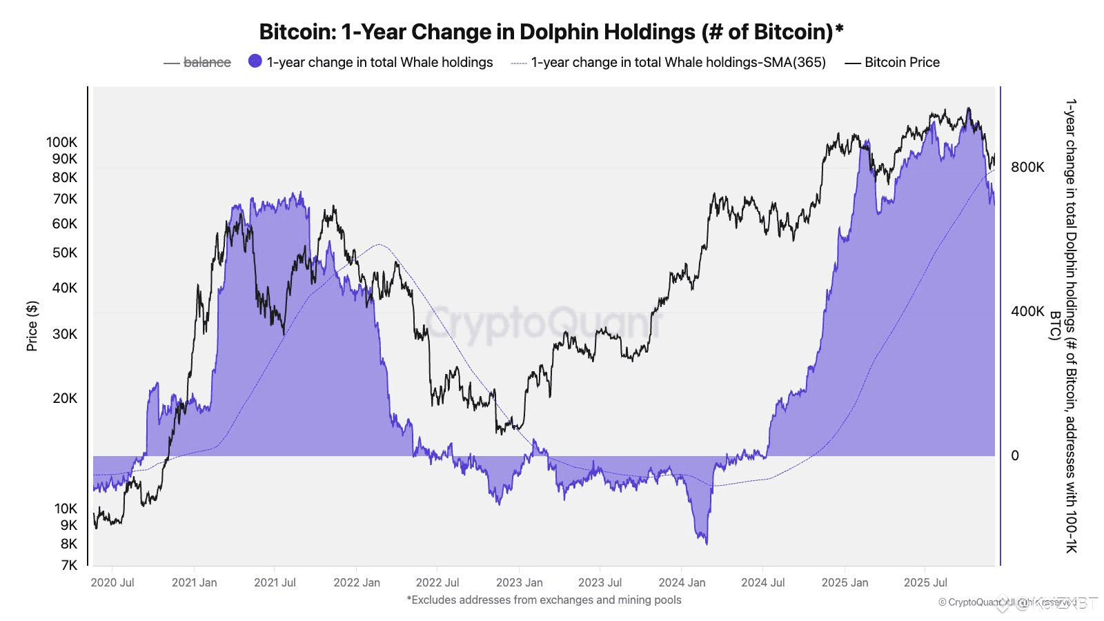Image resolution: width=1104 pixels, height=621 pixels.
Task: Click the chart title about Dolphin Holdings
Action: [551, 32]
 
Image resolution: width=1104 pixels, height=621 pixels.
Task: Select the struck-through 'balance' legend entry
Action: [206, 62]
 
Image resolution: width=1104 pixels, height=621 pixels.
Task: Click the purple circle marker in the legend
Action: [255, 61]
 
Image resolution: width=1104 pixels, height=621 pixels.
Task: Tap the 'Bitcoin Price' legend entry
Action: [901, 62]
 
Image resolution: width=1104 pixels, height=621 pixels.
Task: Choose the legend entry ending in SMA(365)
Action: [678, 62]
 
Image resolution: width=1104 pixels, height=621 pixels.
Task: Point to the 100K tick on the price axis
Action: [62, 142]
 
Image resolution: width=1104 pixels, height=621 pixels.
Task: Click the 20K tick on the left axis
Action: [65, 398]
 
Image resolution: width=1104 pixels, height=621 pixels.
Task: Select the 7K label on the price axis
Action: [69, 565]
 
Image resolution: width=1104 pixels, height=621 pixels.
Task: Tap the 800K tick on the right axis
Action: [1027, 167]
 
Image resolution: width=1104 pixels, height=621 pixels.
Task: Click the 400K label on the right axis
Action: [1027, 311]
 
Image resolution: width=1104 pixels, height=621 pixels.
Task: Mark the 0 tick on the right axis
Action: [1014, 455]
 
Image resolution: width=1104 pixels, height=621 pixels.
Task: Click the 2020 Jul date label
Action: [112, 582]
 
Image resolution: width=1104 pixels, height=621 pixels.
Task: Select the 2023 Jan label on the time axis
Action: [519, 582]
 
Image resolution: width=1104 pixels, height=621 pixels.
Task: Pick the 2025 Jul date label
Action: [925, 582]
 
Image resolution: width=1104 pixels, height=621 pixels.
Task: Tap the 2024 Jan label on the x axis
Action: [682, 582]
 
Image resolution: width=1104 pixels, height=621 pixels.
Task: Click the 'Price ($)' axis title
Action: [32, 326]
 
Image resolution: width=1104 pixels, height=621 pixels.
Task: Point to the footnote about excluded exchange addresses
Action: [544, 600]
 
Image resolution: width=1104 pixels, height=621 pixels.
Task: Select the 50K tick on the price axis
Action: [65, 253]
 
